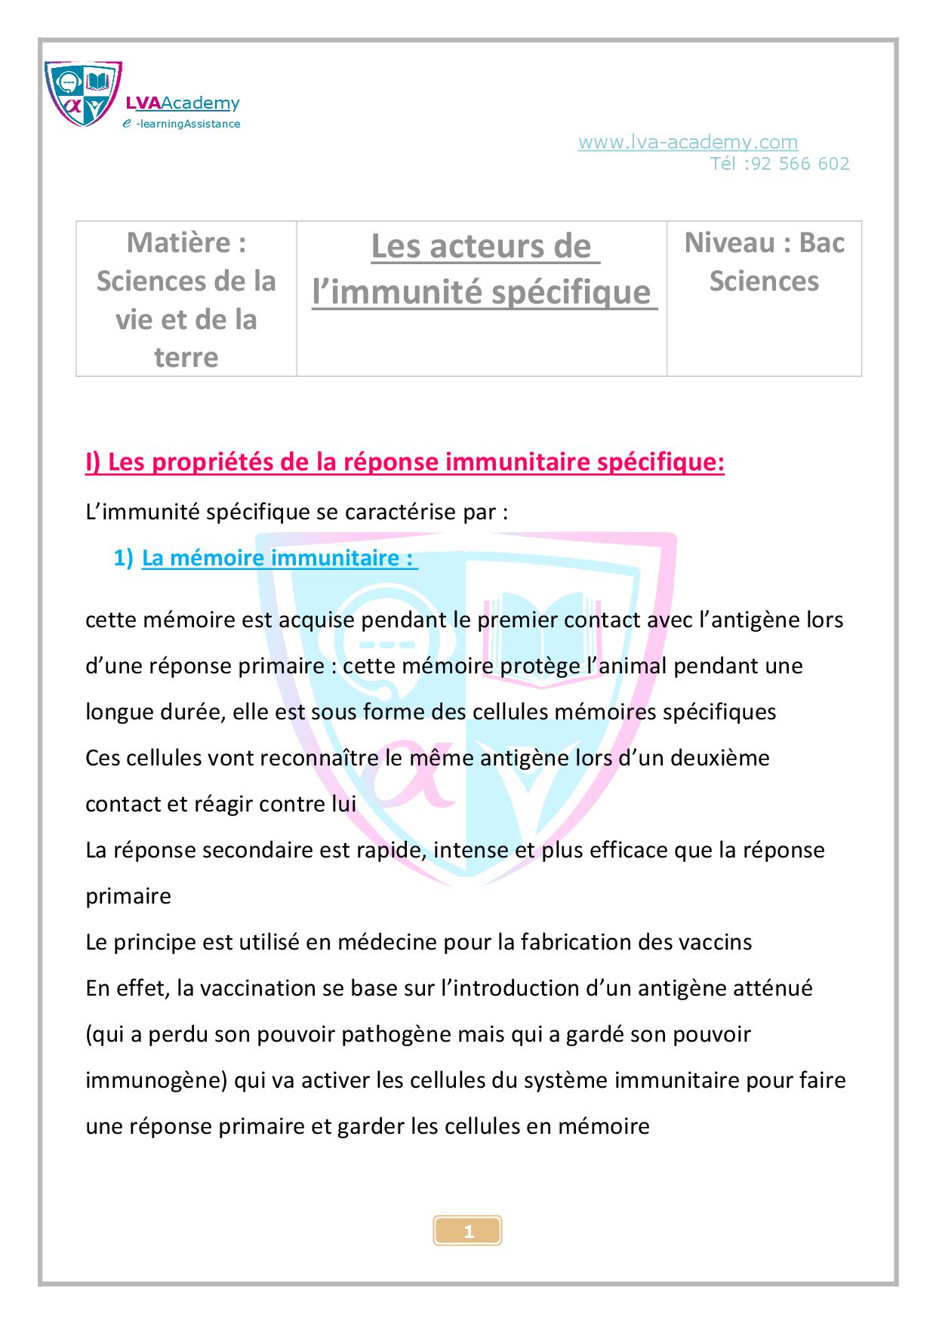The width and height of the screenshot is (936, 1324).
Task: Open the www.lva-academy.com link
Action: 688,142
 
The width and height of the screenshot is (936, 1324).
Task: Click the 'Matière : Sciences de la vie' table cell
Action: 186,299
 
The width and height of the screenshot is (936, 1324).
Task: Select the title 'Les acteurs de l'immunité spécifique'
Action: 482,269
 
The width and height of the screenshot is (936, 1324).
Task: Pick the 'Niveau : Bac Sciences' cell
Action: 764,261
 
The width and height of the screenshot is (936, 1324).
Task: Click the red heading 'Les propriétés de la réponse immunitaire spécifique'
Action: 405,463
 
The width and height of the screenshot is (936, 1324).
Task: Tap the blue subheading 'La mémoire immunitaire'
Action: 279,559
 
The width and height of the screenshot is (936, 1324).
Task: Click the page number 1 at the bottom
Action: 468,1232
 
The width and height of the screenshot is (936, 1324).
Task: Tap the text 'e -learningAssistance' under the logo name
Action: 182,124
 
